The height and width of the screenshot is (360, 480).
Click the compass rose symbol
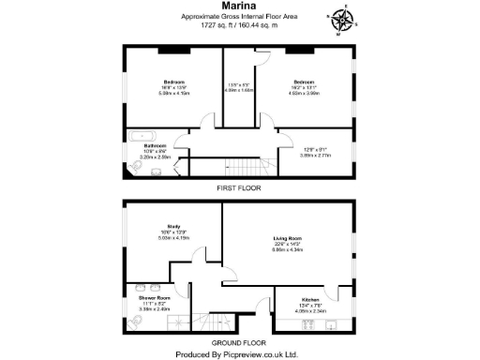point(340,17)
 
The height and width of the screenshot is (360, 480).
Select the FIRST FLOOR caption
point(238,188)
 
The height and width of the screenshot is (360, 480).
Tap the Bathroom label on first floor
point(156,146)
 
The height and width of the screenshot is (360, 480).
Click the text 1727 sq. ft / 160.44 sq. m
point(238,27)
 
